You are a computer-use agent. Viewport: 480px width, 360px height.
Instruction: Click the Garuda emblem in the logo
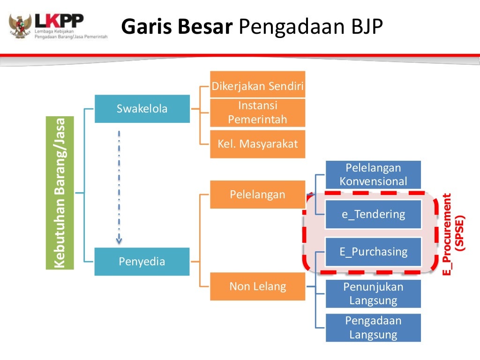20,26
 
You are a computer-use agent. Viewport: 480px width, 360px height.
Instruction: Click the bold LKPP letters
59,21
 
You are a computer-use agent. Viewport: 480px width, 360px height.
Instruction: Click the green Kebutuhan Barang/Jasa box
60,193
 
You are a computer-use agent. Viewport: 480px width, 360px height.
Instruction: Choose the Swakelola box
142,109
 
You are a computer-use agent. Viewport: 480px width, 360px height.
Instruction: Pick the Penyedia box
142,262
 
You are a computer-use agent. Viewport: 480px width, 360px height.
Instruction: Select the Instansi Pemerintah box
257,112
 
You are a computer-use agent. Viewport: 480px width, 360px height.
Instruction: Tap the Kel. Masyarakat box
257,144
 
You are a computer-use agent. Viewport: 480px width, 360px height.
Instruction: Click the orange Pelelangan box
257,195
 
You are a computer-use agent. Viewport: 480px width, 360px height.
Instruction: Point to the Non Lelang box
257,286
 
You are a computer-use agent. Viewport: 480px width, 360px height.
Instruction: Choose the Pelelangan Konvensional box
373,174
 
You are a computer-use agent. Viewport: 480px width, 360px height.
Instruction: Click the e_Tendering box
373,214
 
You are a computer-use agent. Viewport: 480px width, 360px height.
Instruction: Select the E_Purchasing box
373,252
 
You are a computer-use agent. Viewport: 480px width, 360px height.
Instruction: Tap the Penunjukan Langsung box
373,293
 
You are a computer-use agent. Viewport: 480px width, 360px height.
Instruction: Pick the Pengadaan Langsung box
373,328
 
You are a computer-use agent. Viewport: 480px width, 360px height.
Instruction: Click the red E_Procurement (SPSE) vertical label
454,234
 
